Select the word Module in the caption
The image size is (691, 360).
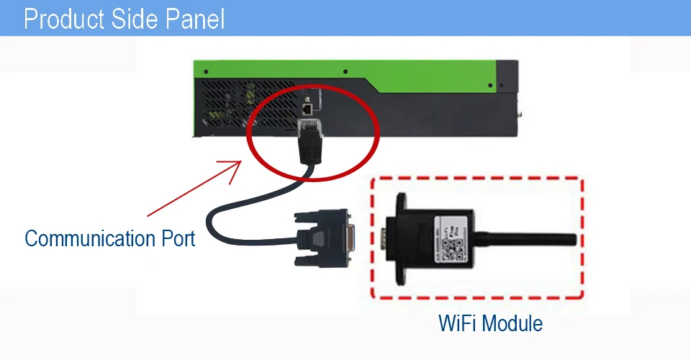513,323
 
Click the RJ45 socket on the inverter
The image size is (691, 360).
307,109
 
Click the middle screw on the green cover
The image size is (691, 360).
346,71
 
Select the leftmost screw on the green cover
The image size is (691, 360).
206,71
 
